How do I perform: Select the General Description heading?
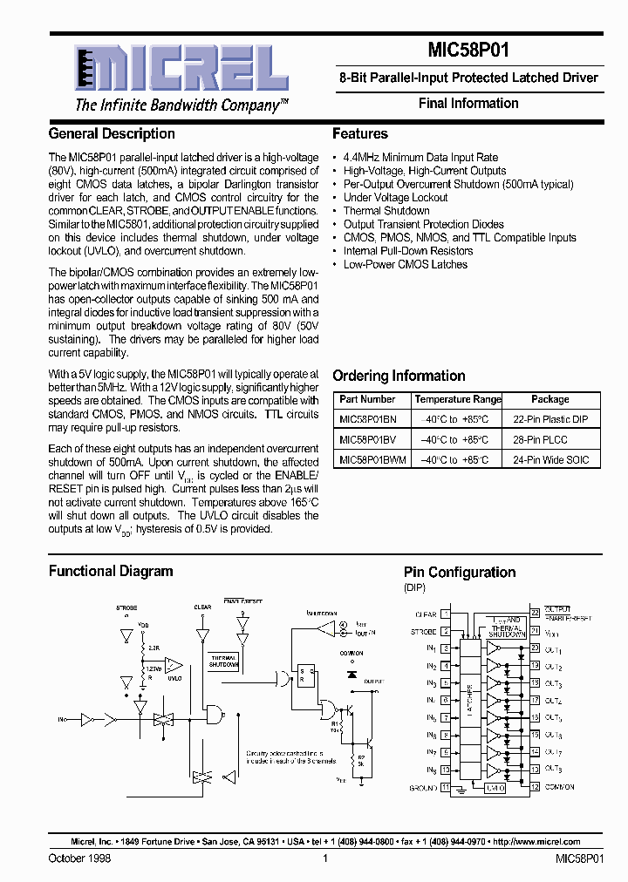112,134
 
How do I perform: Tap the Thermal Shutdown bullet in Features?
386,211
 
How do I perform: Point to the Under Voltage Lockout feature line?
395,198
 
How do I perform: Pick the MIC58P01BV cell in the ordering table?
367,439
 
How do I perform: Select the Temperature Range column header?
458,399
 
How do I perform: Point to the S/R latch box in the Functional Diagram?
305,676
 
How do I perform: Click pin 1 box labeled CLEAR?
446,614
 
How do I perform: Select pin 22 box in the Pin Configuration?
536,614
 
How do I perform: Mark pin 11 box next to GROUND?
446,787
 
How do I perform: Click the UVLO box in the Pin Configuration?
495,787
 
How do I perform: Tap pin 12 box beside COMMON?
536,787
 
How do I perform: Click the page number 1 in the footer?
324,858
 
